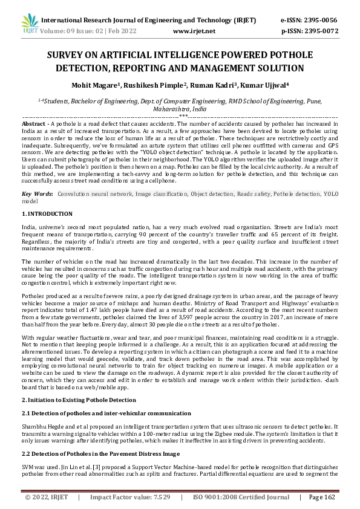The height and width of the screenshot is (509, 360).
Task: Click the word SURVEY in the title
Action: pos(69,55)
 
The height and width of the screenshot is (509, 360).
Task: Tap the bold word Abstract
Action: pos(34,122)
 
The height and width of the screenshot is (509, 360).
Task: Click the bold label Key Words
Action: pos(37,177)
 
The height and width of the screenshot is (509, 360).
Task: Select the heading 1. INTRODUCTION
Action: pos(47,197)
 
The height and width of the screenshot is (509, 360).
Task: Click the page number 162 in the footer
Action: pos(330,497)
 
